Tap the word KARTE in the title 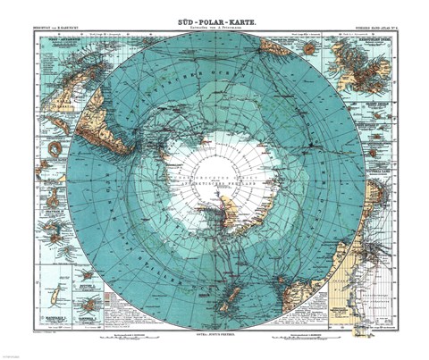pos(244,9)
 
